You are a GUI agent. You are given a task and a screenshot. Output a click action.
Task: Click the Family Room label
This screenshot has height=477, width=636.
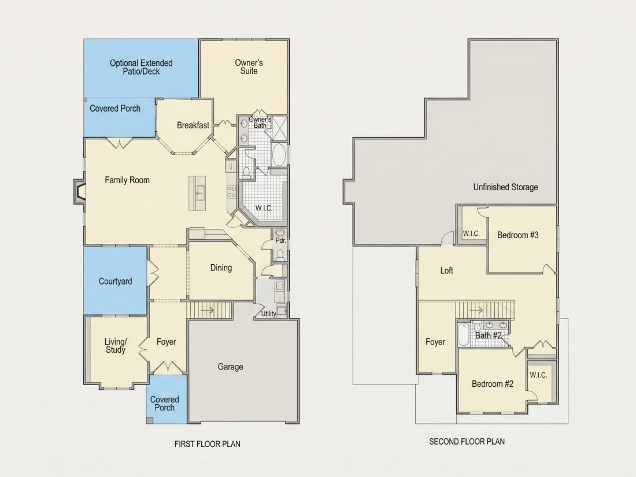coord(127,180)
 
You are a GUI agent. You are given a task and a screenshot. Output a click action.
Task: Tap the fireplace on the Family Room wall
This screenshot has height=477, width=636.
coord(79,191)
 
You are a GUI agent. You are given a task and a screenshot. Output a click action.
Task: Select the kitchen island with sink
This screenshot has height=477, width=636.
coord(197,193)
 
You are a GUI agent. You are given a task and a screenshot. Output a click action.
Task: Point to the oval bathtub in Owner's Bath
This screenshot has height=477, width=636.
coord(279,154)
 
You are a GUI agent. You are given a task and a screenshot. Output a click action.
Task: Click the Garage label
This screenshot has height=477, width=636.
coord(230,367)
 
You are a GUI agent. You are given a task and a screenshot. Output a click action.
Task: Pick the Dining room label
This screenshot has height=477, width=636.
coord(221,268)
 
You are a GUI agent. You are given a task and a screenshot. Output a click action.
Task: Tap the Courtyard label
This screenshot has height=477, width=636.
coord(115,281)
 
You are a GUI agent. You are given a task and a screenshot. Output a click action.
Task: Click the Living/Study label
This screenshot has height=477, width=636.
coord(116,346)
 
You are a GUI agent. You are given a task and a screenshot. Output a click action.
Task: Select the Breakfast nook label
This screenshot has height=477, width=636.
coord(193,125)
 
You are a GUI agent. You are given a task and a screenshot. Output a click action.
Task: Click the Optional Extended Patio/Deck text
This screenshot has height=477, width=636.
coord(141,67)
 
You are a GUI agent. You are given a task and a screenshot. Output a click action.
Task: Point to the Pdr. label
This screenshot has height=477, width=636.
coord(280,240)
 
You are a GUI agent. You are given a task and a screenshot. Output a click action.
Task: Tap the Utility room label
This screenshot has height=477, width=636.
coord(268,313)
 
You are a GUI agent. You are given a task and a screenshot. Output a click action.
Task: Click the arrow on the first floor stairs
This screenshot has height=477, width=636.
coord(207,310)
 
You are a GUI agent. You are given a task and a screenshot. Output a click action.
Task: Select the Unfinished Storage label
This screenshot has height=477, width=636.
coord(505,187)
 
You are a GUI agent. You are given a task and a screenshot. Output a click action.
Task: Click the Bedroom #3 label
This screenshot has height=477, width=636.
coord(518,235)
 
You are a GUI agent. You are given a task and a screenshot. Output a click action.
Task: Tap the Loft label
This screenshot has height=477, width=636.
coord(446,271)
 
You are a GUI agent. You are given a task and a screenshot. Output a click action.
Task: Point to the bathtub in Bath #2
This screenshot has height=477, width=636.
coord(463,335)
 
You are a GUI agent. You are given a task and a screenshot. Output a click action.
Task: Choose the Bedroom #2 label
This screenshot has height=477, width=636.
coord(493,384)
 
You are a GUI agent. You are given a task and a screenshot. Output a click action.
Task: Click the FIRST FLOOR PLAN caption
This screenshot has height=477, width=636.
coord(207,444)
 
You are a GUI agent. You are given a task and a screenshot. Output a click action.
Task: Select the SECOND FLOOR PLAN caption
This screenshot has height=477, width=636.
coord(467,441)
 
